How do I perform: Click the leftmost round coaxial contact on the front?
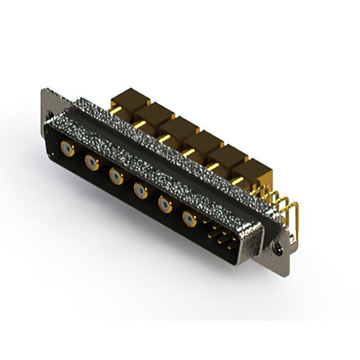click(x=67, y=149)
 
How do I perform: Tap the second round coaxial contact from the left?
click(x=92, y=164)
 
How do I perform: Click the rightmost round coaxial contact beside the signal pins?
click(x=190, y=219)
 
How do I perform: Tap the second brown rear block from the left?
click(x=152, y=113)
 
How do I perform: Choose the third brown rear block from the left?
click(x=176, y=127)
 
